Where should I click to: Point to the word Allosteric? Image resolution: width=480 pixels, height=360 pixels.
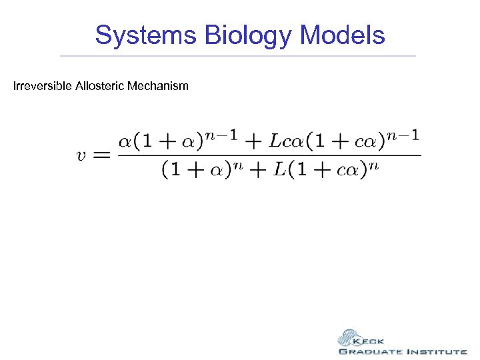tap(98, 86)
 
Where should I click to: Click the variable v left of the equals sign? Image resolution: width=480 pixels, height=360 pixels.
tap(81, 155)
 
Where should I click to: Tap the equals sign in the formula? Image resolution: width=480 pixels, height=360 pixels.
tap(100, 155)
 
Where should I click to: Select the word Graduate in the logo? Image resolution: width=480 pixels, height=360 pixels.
tap(370, 351)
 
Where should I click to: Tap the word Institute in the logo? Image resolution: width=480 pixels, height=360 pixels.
tap(436, 351)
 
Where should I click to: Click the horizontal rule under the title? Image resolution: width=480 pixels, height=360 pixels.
tap(238, 55)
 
